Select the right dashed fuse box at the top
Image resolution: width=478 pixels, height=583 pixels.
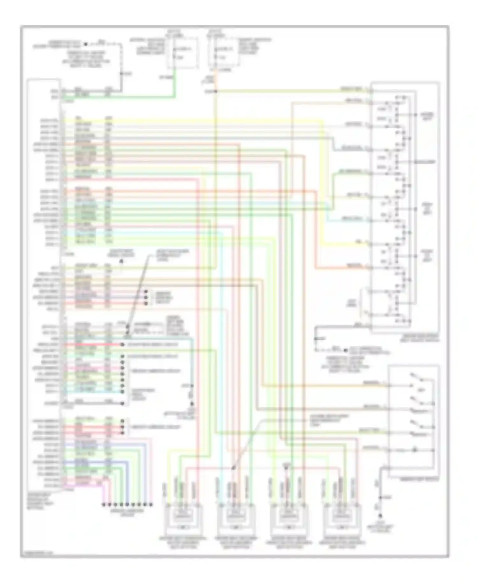(x=224, y=53)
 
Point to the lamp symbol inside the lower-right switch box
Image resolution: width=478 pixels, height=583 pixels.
(x=414, y=450)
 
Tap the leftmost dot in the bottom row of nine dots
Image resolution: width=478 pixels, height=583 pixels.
(x=103, y=505)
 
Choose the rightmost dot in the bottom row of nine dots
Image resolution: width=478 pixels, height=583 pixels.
(x=151, y=505)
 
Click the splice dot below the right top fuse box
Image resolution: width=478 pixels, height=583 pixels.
(x=216, y=92)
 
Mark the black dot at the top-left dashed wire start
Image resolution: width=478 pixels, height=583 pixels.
(x=85, y=44)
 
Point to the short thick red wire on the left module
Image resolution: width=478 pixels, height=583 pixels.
(x=92, y=345)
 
